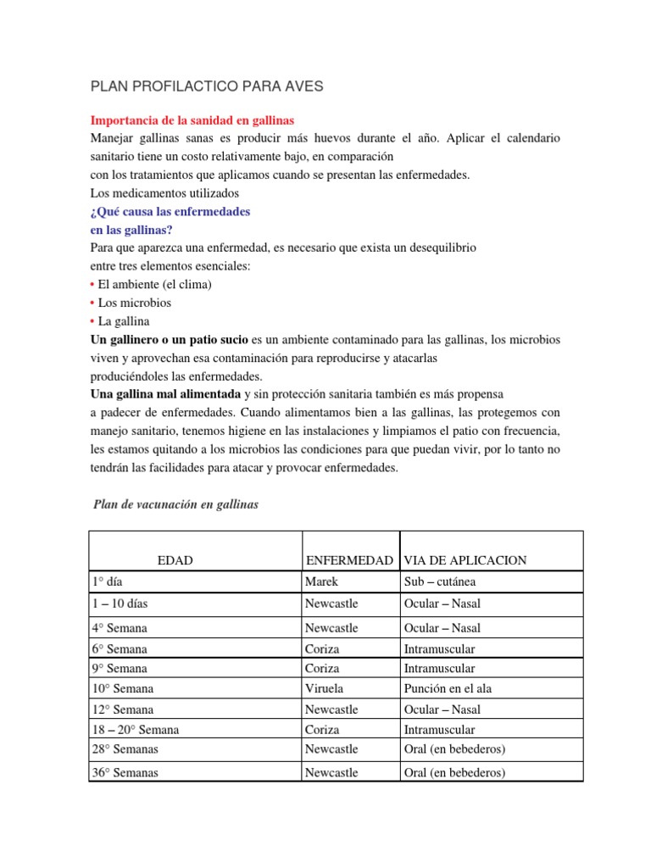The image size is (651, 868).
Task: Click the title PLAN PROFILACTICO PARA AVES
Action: (207, 86)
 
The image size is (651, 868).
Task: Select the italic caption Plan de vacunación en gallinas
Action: (175, 504)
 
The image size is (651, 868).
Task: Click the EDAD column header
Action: (175, 560)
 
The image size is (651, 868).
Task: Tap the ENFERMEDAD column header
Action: (348, 560)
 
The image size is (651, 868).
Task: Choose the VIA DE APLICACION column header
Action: (465, 560)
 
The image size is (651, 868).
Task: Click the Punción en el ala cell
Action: (448, 689)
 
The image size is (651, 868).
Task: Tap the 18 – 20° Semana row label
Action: (136, 730)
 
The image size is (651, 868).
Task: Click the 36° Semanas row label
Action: (125, 772)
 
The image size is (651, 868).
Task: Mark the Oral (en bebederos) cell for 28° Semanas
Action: (454, 749)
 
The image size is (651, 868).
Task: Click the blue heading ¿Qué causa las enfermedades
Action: (170, 211)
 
